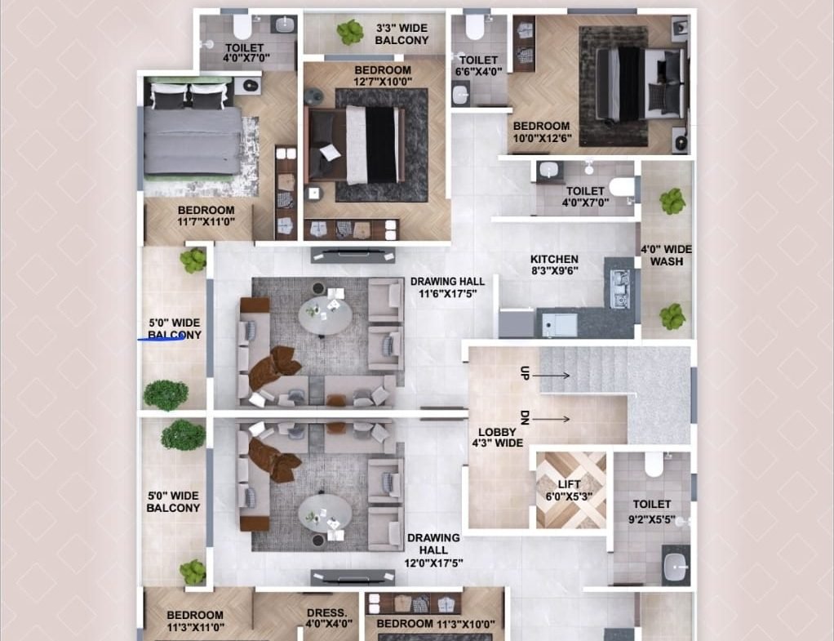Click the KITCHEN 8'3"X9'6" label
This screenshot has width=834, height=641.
point(554,265)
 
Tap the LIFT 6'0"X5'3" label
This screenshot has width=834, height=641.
point(569,490)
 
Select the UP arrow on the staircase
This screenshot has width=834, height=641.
point(551,376)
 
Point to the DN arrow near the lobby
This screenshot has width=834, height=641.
point(551,420)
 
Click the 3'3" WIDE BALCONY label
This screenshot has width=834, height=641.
point(401,34)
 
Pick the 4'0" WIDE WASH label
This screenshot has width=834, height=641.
point(667,256)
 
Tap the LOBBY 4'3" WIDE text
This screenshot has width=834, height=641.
point(497,438)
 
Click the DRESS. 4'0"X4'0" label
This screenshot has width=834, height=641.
point(329,618)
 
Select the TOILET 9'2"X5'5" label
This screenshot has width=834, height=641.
point(651,511)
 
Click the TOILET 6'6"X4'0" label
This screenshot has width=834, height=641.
point(478,66)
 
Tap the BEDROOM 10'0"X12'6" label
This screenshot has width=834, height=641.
point(542,132)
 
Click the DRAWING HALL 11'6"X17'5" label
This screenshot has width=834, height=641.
point(447,287)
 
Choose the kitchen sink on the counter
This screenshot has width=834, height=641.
point(619,289)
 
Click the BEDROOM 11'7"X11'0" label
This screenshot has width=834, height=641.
point(206,216)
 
